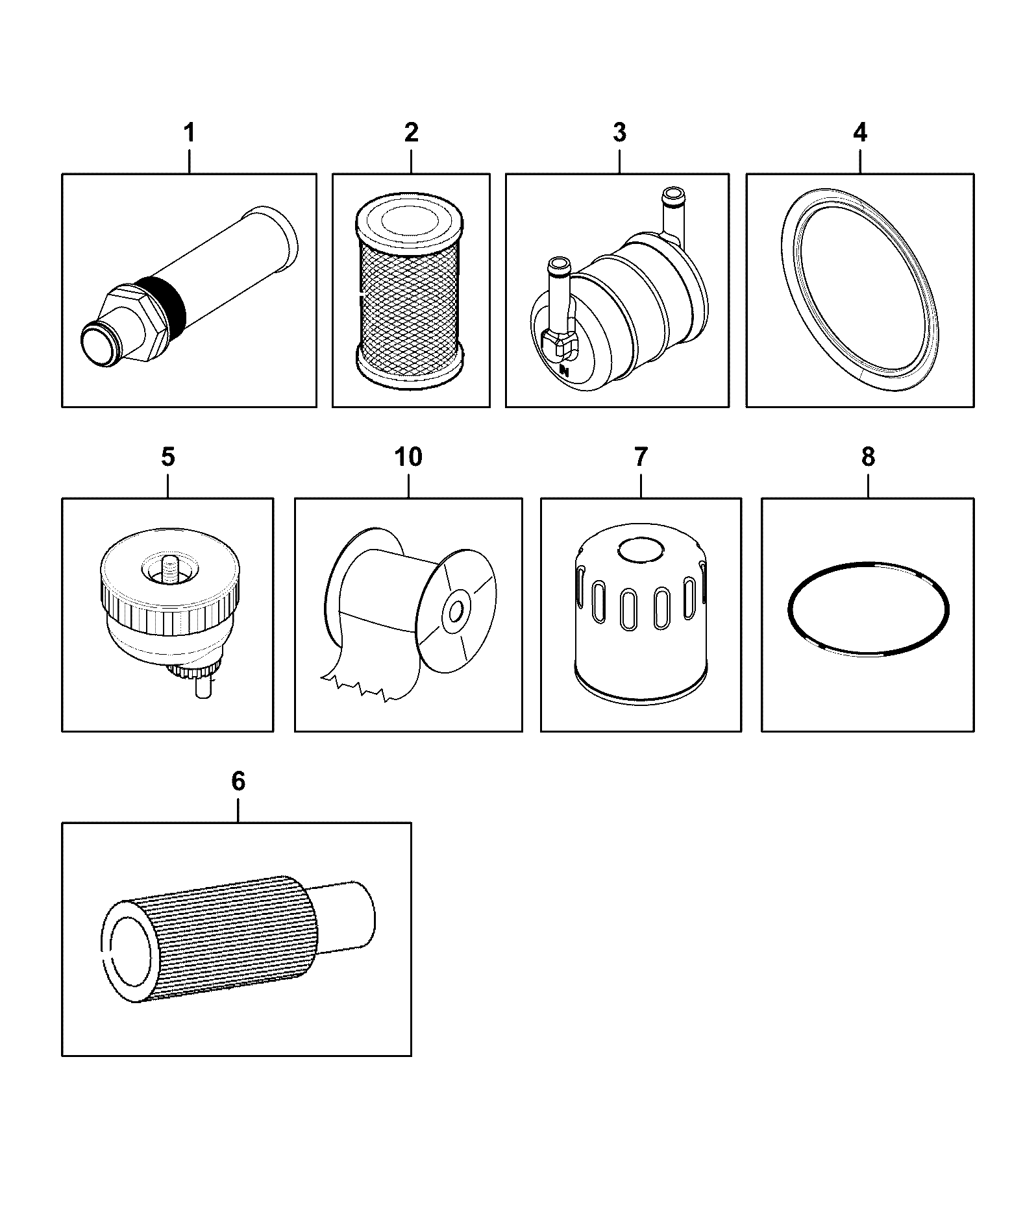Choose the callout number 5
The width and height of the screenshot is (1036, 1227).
click(x=167, y=457)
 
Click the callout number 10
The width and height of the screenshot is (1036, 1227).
click(x=408, y=457)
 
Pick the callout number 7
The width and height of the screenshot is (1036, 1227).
click(x=641, y=457)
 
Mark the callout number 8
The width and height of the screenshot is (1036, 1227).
click(x=868, y=457)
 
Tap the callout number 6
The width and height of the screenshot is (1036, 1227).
click(x=238, y=782)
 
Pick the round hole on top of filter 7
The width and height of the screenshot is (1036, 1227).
click(x=641, y=551)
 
